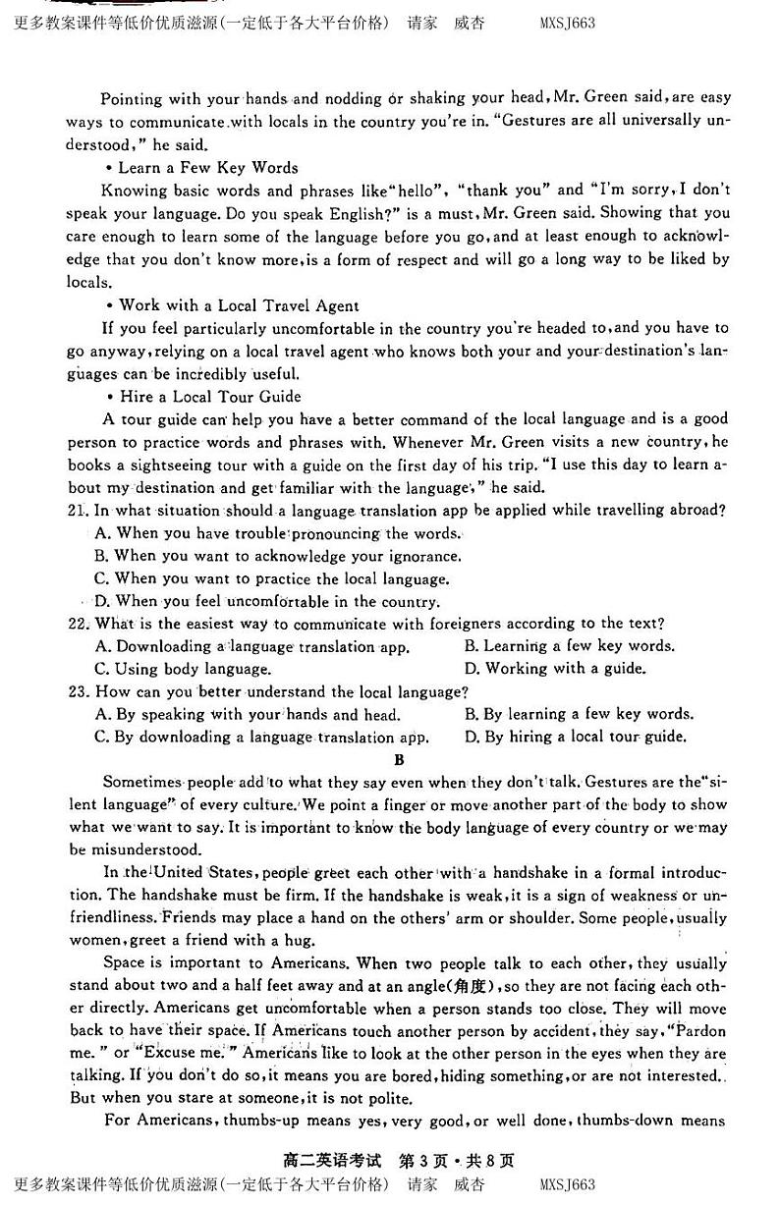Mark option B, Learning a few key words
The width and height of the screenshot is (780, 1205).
tap(569, 646)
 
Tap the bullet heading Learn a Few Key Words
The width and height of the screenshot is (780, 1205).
tap(207, 167)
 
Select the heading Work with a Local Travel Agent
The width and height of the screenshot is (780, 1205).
tap(239, 305)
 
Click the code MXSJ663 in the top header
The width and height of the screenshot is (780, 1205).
tap(567, 23)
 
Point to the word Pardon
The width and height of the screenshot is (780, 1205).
tap(699, 1030)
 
